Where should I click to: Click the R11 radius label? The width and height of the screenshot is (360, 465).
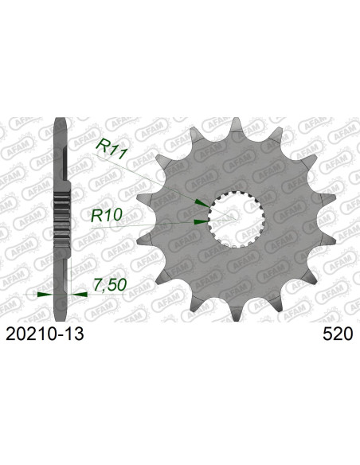click(112, 145)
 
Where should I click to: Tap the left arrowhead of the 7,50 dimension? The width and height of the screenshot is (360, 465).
click(45, 294)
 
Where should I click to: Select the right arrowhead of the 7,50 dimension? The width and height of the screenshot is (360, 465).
click(80, 294)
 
